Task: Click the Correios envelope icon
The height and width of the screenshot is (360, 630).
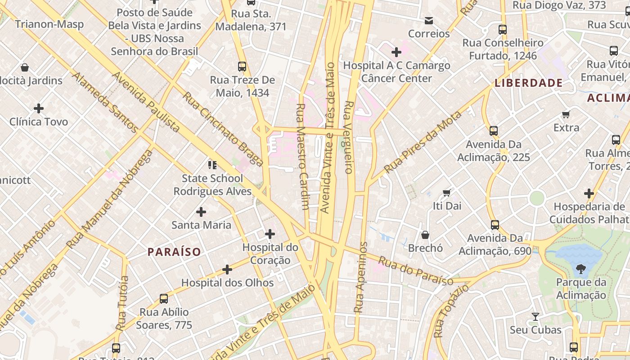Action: tap(428, 21)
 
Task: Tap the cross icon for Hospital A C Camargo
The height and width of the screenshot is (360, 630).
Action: tap(396, 52)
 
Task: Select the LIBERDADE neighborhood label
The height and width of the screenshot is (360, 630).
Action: tap(528, 83)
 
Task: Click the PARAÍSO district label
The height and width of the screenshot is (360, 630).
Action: tap(174, 252)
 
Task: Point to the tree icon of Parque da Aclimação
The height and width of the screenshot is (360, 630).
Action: tap(580, 270)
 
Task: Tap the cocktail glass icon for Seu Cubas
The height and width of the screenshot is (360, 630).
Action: tap(535, 317)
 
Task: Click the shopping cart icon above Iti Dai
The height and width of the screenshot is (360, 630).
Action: tap(446, 193)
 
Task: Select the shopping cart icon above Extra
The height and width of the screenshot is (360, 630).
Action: tap(566, 115)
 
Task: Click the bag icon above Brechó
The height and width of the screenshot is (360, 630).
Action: tap(425, 235)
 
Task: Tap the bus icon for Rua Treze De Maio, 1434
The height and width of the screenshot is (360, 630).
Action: tap(242, 67)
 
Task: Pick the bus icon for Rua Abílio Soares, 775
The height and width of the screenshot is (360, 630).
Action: tap(164, 299)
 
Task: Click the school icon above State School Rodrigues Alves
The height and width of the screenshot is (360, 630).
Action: tap(212, 165)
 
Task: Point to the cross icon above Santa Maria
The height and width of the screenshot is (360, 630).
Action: tap(201, 211)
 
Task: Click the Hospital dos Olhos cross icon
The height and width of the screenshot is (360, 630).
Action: tap(227, 270)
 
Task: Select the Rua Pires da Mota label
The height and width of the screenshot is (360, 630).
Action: tap(423, 142)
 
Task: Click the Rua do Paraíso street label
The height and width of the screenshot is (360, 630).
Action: tap(415, 271)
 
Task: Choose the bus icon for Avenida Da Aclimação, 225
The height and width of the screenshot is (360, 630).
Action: tap(494, 131)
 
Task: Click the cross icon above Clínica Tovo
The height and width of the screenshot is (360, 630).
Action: tap(39, 108)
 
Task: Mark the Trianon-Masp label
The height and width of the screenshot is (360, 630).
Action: tap(49, 24)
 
